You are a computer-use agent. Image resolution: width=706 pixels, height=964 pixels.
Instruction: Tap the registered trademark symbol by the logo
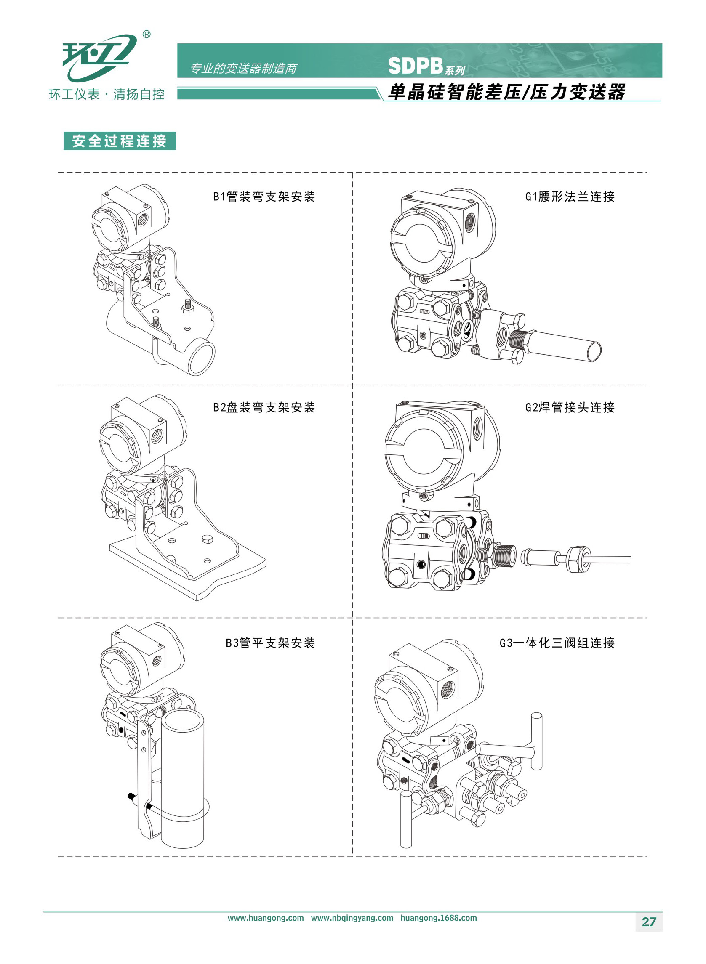pyautogui.click(x=146, y=35)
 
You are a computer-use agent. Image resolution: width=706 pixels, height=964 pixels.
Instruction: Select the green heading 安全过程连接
pyautogui.click(x=119, y=141)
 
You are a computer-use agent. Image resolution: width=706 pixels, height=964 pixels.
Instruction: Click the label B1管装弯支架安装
pyautogui.click(x=264, y=197)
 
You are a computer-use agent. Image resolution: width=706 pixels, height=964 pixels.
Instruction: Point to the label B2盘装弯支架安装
pyautogui.click(x=264, y=407)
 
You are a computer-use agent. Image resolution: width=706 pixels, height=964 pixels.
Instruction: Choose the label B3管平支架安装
pyautogui.click(x=270, y=643)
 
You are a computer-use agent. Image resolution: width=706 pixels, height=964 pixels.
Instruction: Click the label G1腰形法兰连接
pyautogui.click(x=570, y=197)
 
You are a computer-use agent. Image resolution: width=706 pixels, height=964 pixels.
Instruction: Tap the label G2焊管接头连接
pyautogui.click(x=570, y=407)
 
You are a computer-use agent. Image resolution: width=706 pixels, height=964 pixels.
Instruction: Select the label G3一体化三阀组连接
pyautogui.click(x=557, y=643)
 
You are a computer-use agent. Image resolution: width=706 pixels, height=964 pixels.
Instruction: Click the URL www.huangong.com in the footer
pyautogui.click(x=265, y=918)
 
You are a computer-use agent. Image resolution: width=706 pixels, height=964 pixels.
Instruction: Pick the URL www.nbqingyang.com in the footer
pyautogui.click(x=352, y=918)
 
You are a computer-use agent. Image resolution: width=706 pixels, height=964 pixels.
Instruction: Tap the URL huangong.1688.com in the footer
pyautogui.click(x=439, y=918)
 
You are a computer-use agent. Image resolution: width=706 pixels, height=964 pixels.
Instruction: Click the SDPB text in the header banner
pyautogui.click(x=415, y=66)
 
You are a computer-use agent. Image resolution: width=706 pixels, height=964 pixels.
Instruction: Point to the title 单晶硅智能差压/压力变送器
pyautogui.click(x=506, y=92)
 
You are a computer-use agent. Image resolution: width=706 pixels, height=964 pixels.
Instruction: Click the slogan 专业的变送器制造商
pyautogui.click(x=243, y=68)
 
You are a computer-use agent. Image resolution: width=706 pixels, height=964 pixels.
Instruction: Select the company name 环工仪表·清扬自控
pyautogui.click(x=107, y=94)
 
